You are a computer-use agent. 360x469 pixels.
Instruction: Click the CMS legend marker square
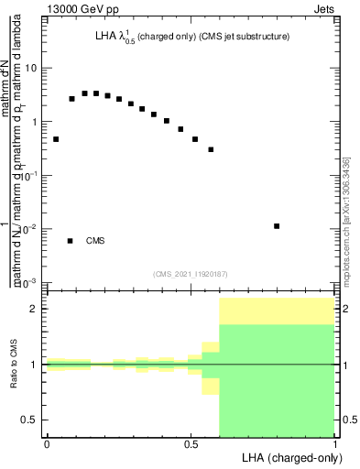point(71,241)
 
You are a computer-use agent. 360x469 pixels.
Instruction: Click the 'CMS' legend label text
point(95,241)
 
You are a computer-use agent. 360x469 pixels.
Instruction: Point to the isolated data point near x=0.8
point(277,225)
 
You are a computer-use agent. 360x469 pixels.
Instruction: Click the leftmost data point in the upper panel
point(56,139)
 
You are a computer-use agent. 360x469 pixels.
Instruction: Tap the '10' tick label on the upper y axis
point(31,69)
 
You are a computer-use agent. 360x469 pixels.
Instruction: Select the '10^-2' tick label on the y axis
point(29,229)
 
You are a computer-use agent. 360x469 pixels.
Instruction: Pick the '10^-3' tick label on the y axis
point(29,282)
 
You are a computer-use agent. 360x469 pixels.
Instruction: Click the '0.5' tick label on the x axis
point(191,444)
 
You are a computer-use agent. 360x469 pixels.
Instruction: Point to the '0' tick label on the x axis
point(47,444)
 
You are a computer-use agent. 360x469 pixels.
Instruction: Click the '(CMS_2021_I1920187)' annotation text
point(191,273)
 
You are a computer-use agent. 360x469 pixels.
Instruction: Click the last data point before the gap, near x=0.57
point(211,149)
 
